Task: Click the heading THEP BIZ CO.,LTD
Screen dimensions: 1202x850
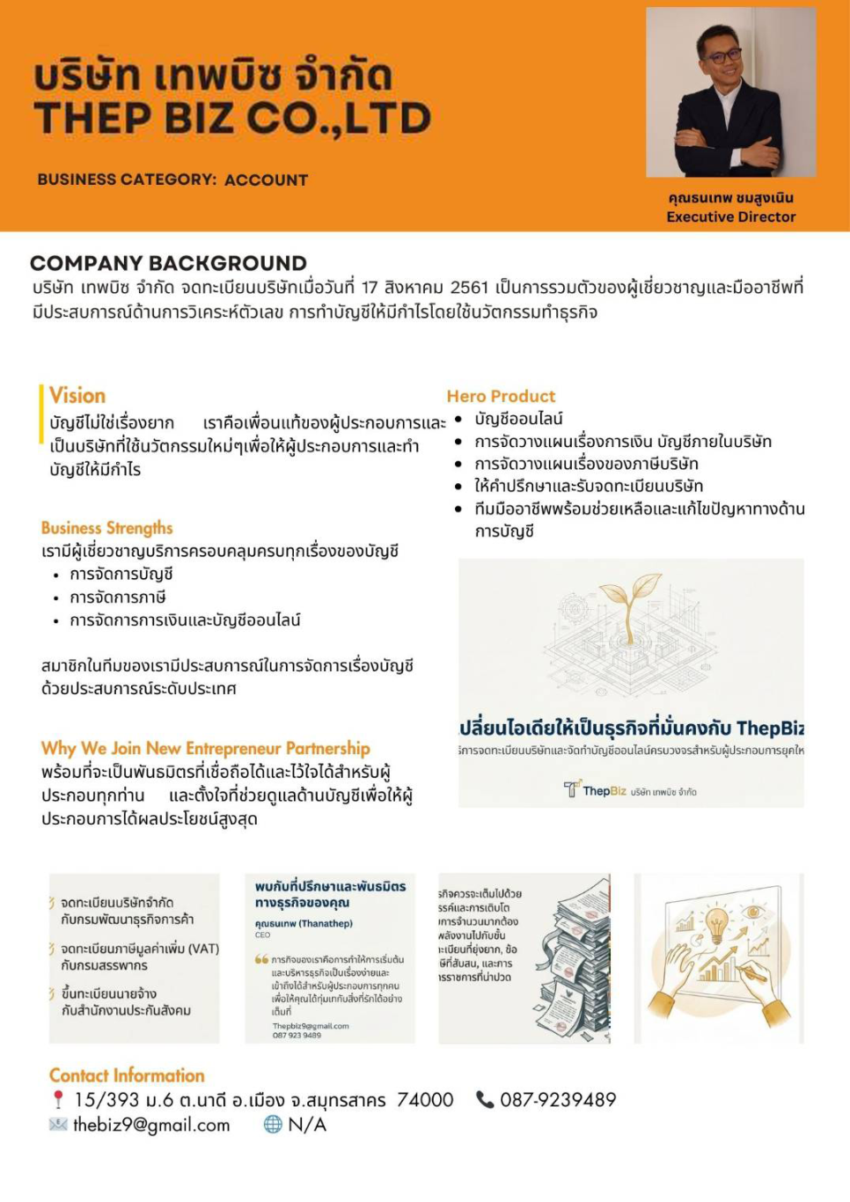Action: tap(232, 119)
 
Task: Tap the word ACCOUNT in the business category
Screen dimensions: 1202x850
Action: tap(266, 180)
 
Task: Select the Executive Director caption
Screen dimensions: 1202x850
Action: tap(730, 217)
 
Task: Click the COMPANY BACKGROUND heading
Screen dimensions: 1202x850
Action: tap(168, 263)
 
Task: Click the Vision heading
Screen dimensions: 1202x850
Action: tap(77, 396)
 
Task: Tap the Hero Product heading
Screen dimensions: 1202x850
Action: tap(501, 396)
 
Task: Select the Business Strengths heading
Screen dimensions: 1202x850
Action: tap(106, 528)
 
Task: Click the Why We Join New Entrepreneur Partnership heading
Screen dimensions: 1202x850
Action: tap(205, 749)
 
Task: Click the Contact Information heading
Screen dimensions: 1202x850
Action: tap(127, 1075)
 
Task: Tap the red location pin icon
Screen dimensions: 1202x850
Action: tap(58, 1100)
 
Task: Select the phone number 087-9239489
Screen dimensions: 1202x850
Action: tap(558, 1100)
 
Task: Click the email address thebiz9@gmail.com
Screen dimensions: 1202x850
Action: tap(151, 1125)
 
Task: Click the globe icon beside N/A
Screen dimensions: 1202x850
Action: tap(273, 1125)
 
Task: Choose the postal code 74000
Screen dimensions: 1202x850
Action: tap(425, 1100)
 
